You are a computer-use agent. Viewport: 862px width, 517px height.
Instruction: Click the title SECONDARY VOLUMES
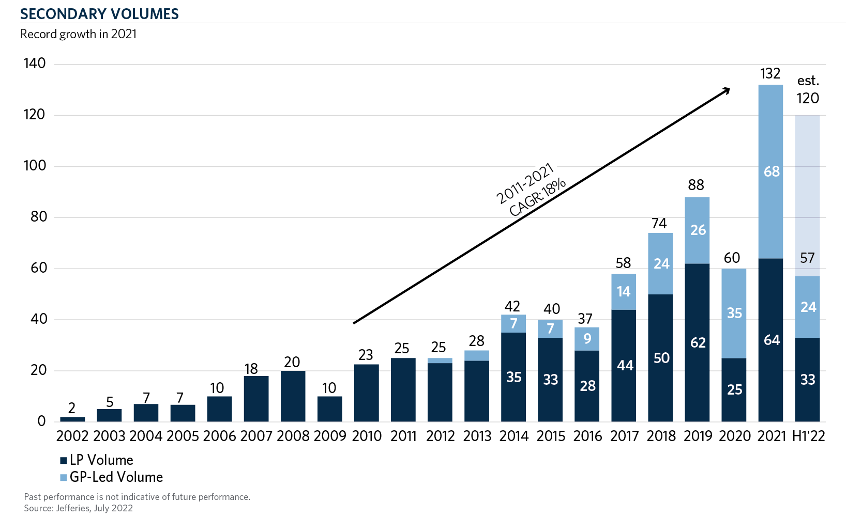pyautogui.click(x=99, y=14)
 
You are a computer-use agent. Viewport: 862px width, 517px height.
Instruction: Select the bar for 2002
pyautogui.click(x=72, y=419)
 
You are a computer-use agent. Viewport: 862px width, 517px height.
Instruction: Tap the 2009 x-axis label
pyautogui.click(x=330, y=436)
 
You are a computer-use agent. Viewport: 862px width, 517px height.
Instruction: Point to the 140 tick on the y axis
pyautogui.click(x=35, y=64)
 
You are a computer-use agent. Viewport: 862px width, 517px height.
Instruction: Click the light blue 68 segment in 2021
pyautogui.click(x=770, y=171)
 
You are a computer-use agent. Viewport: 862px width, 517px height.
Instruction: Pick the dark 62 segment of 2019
pyautogui.click(x=697, y=343)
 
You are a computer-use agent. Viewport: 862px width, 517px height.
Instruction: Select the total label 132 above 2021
pyautogui.click(x=770, y=73)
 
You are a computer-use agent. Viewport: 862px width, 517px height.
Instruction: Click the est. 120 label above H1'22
pyautogui.click(x=808, y=90)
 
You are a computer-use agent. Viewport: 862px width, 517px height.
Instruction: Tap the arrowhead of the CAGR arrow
pyautogui.click(x=727, y=90)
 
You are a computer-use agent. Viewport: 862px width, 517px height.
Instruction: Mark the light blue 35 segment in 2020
pyautogui.click(x=734, y=313)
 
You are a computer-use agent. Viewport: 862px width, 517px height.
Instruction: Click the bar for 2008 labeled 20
pyautogui.click(x=293, y=396)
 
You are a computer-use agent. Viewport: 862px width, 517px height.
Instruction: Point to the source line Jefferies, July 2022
pyautogui.click(x=79, y=508)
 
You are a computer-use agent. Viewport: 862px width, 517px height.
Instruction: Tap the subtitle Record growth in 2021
pyautogui.click(x=79, y=34)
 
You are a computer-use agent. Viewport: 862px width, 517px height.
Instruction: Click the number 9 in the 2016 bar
pyautogui.click(x=587, y=339)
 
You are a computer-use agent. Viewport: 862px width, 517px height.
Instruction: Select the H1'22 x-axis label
pyautogui.click(x=808, y=436)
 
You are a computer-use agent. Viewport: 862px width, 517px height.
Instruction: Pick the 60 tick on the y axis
pyautogui.click(x=39, y=268)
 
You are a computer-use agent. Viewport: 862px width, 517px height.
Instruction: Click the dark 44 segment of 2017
pyautogui.click(x=624, y=366)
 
